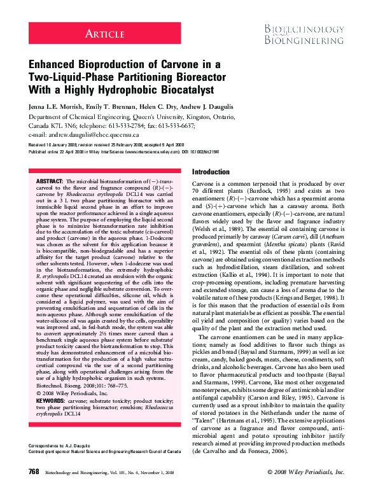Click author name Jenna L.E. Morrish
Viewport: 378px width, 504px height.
pyautogui.click(x=59, y=107)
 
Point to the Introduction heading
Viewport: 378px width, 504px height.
pyautogui.click(x=211, y=172)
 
